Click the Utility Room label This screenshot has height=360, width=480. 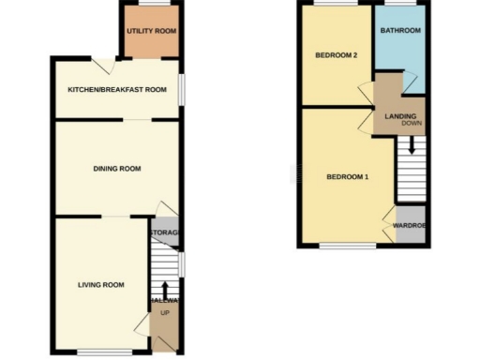pos(151,32)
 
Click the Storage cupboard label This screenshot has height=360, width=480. pos(164,232)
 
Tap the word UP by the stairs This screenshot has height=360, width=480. pos(165,311)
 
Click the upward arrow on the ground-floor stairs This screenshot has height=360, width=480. pos(165,288)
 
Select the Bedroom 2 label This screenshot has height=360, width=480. pos(336,55)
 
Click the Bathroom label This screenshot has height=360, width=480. pos(399,31)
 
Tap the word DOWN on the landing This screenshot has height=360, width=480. pos(411,123)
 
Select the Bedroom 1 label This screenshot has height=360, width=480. pos(347,177)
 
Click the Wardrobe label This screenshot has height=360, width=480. pos(410,226)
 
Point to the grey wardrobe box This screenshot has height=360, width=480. pos(410,233)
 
